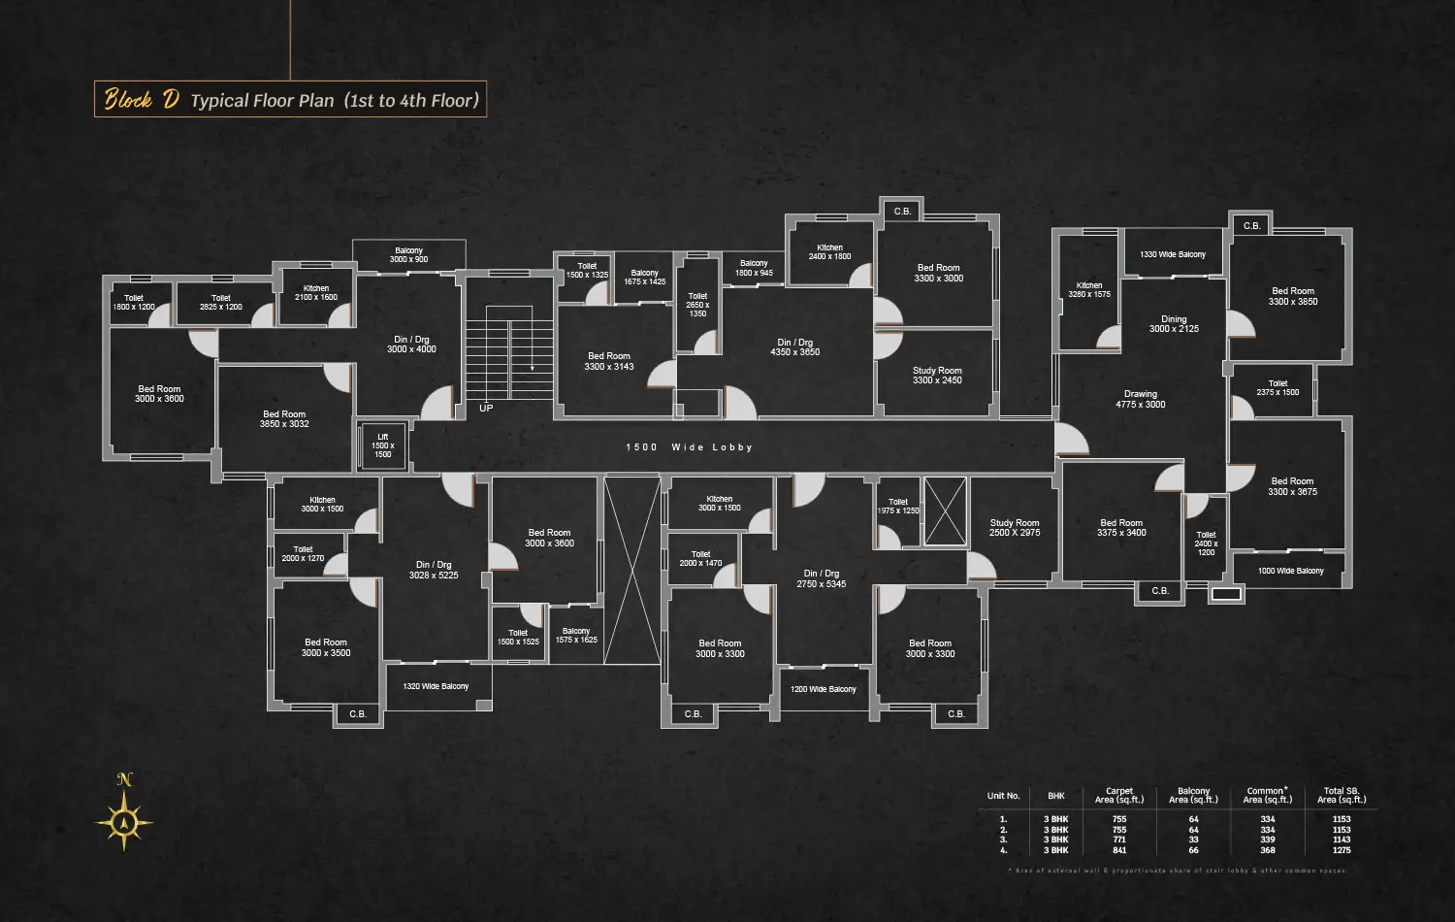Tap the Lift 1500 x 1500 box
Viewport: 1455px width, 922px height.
click(383, 445)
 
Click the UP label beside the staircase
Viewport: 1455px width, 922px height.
click(486, 409)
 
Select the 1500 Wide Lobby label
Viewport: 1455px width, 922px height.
click(689, 447)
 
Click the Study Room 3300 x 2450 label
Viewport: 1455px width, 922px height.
click(937, 376)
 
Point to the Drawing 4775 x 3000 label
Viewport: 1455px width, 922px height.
click(1141, 400)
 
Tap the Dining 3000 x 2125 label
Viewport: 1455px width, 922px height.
click(1174, 324)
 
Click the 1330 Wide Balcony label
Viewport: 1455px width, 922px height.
click(1173, 254)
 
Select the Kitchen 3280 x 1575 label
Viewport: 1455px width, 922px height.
click(1089, 290)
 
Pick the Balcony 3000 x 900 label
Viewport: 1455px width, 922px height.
click(408, 255)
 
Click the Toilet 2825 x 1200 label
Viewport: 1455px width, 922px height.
click(221, 303)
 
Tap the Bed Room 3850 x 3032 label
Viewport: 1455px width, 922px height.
click(284, 419)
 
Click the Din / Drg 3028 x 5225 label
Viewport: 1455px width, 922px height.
click(433, 570)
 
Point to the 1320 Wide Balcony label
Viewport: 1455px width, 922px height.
click(436, 686)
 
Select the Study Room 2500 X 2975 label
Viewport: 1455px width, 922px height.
click(1015, 528)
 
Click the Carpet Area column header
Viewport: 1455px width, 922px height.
click(1119, 796)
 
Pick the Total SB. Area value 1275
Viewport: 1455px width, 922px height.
click(1342, 850)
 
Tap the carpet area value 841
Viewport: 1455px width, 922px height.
click(1119, 850)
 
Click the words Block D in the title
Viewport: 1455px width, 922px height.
click(142, 99)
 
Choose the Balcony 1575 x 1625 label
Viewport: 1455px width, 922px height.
click(576, 636)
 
